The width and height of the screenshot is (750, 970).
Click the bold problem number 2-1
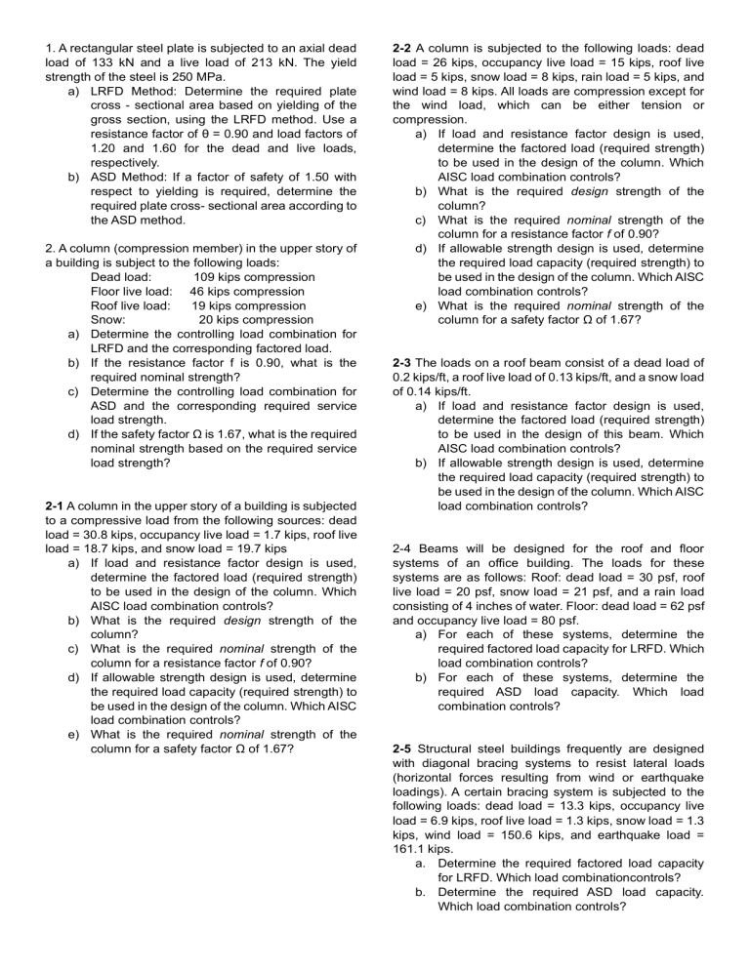[58, 506]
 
